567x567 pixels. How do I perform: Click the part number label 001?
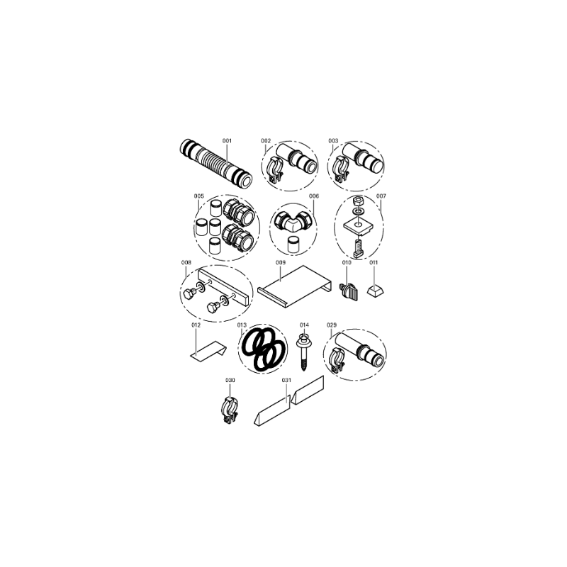point(227,140)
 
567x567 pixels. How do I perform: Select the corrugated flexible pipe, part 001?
point(215,165)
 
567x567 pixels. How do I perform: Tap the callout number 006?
point(314,196)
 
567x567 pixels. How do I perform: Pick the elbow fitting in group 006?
point(293,221)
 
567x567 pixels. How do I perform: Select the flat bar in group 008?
point(223,286)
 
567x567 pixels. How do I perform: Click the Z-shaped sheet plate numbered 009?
point(295,287)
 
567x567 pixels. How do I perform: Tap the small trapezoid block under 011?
point(376,290)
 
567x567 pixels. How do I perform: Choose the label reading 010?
point(347,262)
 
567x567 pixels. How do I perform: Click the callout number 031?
point(286,381)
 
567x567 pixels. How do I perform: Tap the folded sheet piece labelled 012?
point(208,351)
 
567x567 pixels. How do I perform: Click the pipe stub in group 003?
point(364,157)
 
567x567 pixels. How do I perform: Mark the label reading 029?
point(332,325)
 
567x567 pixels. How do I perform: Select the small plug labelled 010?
point(348,292)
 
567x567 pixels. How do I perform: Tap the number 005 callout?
point(199,196)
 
